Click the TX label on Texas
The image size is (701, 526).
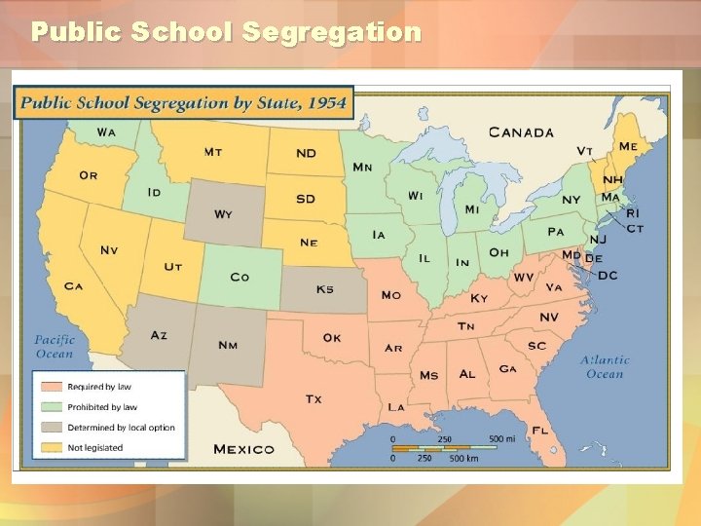tap(314, 399)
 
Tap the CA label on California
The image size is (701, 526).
tap(73, 286)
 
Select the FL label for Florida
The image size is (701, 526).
tap(539, 430)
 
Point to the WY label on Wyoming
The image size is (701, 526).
tap(223, 214)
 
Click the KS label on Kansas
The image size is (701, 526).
tap(324, 289)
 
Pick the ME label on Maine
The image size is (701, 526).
tap(629, 146)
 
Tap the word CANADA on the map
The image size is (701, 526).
tap(521, 132)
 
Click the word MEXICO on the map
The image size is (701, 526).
tap(243, 449)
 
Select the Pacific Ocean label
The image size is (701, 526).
tap(55, 347)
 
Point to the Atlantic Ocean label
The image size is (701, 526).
tap(605, 366)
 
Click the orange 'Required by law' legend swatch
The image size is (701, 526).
tap(52, 387)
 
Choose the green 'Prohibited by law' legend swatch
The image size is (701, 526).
tap(52, 407)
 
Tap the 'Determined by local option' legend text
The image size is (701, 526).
tap(121, 428)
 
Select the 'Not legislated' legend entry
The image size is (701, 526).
tap(94, 447)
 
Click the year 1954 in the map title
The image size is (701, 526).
tap(325, 102)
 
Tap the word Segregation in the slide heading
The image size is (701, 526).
tap(331, 32)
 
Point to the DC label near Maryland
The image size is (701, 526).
tap(608, 276)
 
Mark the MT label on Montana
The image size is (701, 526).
tap(213, 152)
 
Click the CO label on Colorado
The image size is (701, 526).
tap(240, 278)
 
